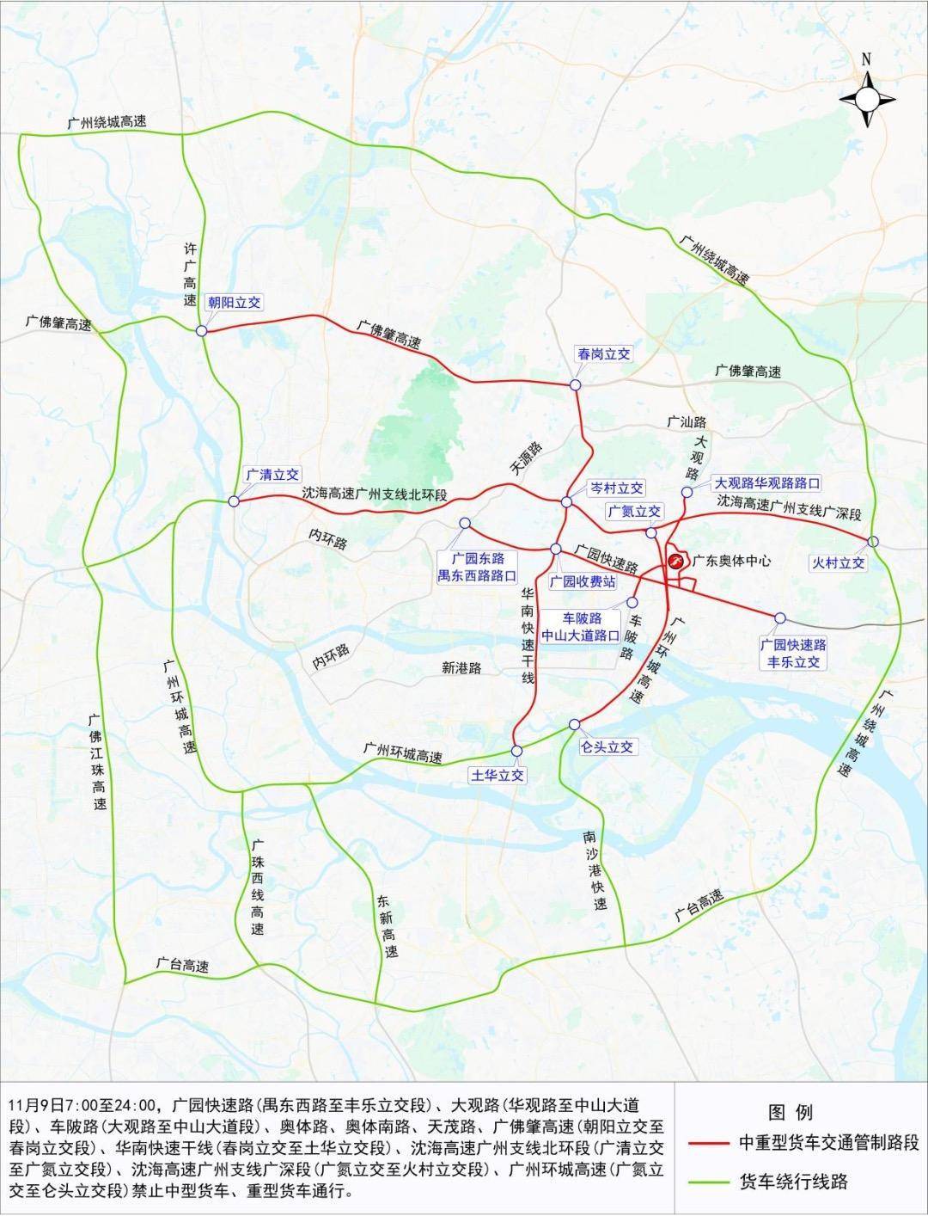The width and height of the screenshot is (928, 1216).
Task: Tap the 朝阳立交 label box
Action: coord(234,302)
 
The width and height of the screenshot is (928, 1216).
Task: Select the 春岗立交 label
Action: coord(604,353)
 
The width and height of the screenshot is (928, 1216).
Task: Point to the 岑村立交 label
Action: coord(614,488)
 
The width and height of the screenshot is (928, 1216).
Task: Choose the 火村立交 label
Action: coord(838,562)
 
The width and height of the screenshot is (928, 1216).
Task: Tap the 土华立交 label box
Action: coord(497,775)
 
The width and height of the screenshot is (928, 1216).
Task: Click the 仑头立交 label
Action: coord(607,746)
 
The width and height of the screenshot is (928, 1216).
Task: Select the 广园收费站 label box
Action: coord(583,582)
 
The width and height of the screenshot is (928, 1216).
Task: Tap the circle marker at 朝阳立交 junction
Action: coord(201,330)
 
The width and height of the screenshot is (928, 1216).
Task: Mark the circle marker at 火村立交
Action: coord(873,541)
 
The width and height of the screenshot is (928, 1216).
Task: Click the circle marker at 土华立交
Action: coord(516,751)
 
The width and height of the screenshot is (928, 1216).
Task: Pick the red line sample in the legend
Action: coord(711,1144)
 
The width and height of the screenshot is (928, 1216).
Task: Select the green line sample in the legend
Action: coord(711,1182)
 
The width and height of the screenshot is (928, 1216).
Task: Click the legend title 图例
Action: coord(791,1113)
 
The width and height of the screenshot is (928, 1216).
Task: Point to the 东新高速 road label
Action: coord(387,927)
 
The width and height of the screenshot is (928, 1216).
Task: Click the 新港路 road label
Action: coord(461,667)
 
